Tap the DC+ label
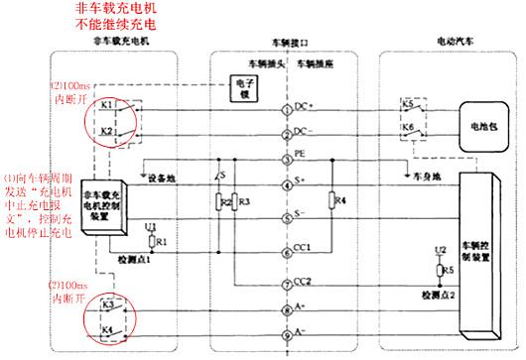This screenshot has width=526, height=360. click(304, 104)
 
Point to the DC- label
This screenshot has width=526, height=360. click(304, 131)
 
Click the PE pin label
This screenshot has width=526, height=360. click(299, 157)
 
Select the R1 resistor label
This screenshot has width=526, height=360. click(163, 242)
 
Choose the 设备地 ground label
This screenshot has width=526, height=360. click(164, 180)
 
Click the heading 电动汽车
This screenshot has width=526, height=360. click(459, 44)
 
